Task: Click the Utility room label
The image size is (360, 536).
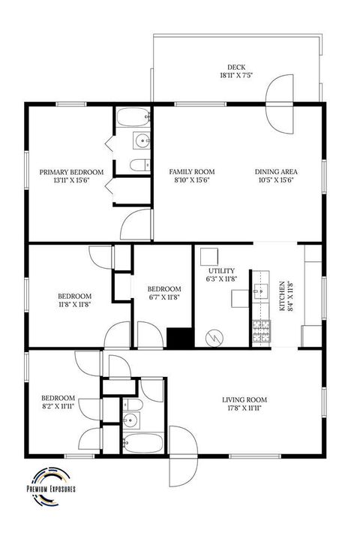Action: (221, 275)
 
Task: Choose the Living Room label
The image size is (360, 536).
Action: (244, 404)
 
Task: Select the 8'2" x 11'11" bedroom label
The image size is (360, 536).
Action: (58, 402)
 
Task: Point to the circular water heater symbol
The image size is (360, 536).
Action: (215, 337)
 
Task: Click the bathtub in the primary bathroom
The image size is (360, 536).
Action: (135, 119)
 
